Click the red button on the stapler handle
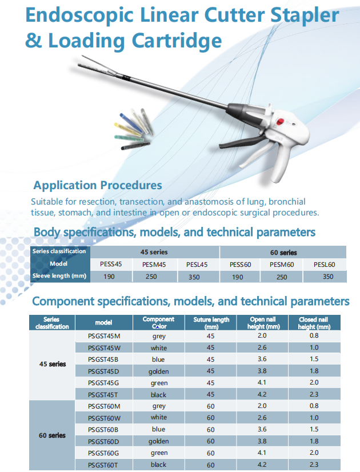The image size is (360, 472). (x=280, y=122)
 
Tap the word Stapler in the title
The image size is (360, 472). (x=305, y=15)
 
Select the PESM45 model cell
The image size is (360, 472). (x=154, y=265)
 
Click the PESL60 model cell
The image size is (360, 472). (x=324, y=265)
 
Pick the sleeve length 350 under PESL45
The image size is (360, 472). (x=194, y=277)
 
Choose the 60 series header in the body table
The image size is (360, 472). (x=283, y=253)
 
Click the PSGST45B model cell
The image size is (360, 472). (x=103, y=359)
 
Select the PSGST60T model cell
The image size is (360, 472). (x=103, y=465)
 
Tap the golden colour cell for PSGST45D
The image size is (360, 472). (x=159, y=371)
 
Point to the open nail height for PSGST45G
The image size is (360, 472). (x=262, y=382)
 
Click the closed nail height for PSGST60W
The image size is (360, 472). (x=314, y=418)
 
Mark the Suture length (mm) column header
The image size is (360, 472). (x=211, y=323)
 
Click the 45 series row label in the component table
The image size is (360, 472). (x=53, y=364)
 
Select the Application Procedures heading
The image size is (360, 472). (x=98, y=185)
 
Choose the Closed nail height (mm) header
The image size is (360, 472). (x=314, y=323)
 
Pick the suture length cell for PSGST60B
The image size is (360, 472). (x=210, y=430)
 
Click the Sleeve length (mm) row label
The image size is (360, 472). (x=59, y=276)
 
